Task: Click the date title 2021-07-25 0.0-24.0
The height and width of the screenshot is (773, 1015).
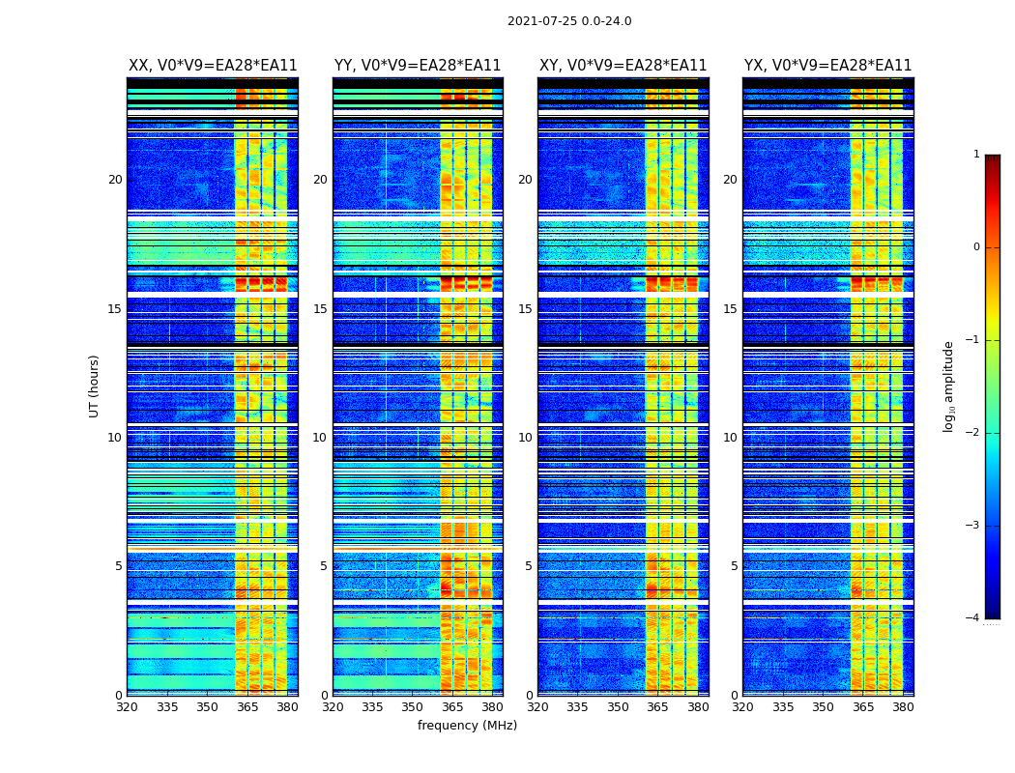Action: pyautogui.click(x=569, y=21)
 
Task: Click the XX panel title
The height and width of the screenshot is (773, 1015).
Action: pyautogui.click(x=213, y=66)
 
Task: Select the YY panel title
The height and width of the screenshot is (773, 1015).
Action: pyautogui.click(x=418, y=66)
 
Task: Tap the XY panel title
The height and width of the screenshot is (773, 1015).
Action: pyautogui.click(x=623, y=66)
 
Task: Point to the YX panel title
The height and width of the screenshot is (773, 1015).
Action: pyautogui.click(x=827, y=66)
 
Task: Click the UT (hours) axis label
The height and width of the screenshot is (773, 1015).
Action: pyautogui.click(x=95, y=386)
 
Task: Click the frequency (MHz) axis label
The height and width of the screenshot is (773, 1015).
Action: pyautogui.click(x=467, y=726)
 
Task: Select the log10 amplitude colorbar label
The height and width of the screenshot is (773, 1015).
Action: pyautogui.click(x=949, y=386)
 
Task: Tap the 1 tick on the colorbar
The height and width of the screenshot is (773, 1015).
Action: pyautogui.click(x=976, y=155)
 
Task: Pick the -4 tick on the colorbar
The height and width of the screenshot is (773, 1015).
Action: pyautogui.click(x=973, y=618)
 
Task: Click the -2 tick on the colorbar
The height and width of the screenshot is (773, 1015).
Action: pyautogui.click(x=973, y=433)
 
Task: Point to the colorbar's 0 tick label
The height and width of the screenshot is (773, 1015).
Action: pyautogui.click(x=976, y=247)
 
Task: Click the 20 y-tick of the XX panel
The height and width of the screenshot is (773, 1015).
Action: pyautogui.click(x=115, y=180)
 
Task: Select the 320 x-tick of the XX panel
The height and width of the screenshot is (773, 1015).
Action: pyautogui.click(x=128, y=707)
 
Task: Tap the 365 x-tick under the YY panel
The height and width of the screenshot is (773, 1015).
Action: pyautogui.click(x=452, y=707)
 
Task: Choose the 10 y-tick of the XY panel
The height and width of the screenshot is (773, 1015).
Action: pyautogui.click(x=525, y=438)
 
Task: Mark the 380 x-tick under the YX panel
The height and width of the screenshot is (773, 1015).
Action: pyautogui.click(x=903, y=707)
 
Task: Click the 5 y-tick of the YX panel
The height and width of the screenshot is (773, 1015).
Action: pyautogui.click(x=734, y=566)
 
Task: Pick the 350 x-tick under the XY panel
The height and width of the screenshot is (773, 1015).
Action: pyautogui.click(x=618, y=707)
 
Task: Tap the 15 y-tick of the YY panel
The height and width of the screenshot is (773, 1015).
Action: pyautogui.click(x=320, y=309)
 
